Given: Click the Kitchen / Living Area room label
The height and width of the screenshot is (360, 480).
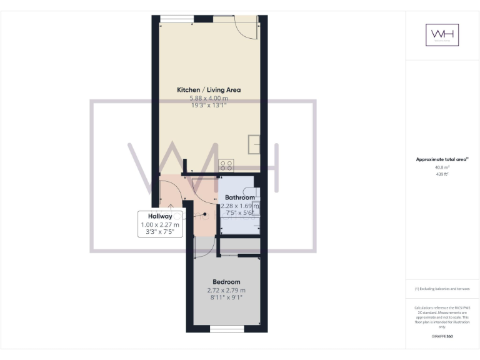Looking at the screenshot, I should tap(208, 90).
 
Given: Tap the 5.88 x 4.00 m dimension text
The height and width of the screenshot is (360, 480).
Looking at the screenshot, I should tap(208, 98).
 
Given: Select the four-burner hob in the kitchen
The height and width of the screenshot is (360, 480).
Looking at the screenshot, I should tap(226, 165).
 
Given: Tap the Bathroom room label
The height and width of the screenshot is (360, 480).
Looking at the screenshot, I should tap(240, 197).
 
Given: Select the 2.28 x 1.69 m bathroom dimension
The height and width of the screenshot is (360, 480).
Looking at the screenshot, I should tap(240, 206).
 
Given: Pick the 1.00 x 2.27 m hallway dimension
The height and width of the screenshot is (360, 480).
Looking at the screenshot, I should tap(160, 224).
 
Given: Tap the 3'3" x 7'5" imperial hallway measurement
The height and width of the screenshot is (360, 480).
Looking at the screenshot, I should tap(160, 232).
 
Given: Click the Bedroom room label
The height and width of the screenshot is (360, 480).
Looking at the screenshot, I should tap(226, 282).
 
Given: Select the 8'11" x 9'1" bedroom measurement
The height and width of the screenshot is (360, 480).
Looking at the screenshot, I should tap(226, 297).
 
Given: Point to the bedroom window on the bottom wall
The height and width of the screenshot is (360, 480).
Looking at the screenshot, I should tap(226, 328).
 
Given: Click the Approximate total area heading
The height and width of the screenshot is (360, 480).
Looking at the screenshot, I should tap(442, 160).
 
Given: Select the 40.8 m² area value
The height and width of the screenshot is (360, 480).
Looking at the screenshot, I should tap(442, 167).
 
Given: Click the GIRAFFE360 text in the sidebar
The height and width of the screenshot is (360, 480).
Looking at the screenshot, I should tap(442, 336).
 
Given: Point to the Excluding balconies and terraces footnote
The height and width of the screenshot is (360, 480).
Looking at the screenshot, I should tap(442, 289).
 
